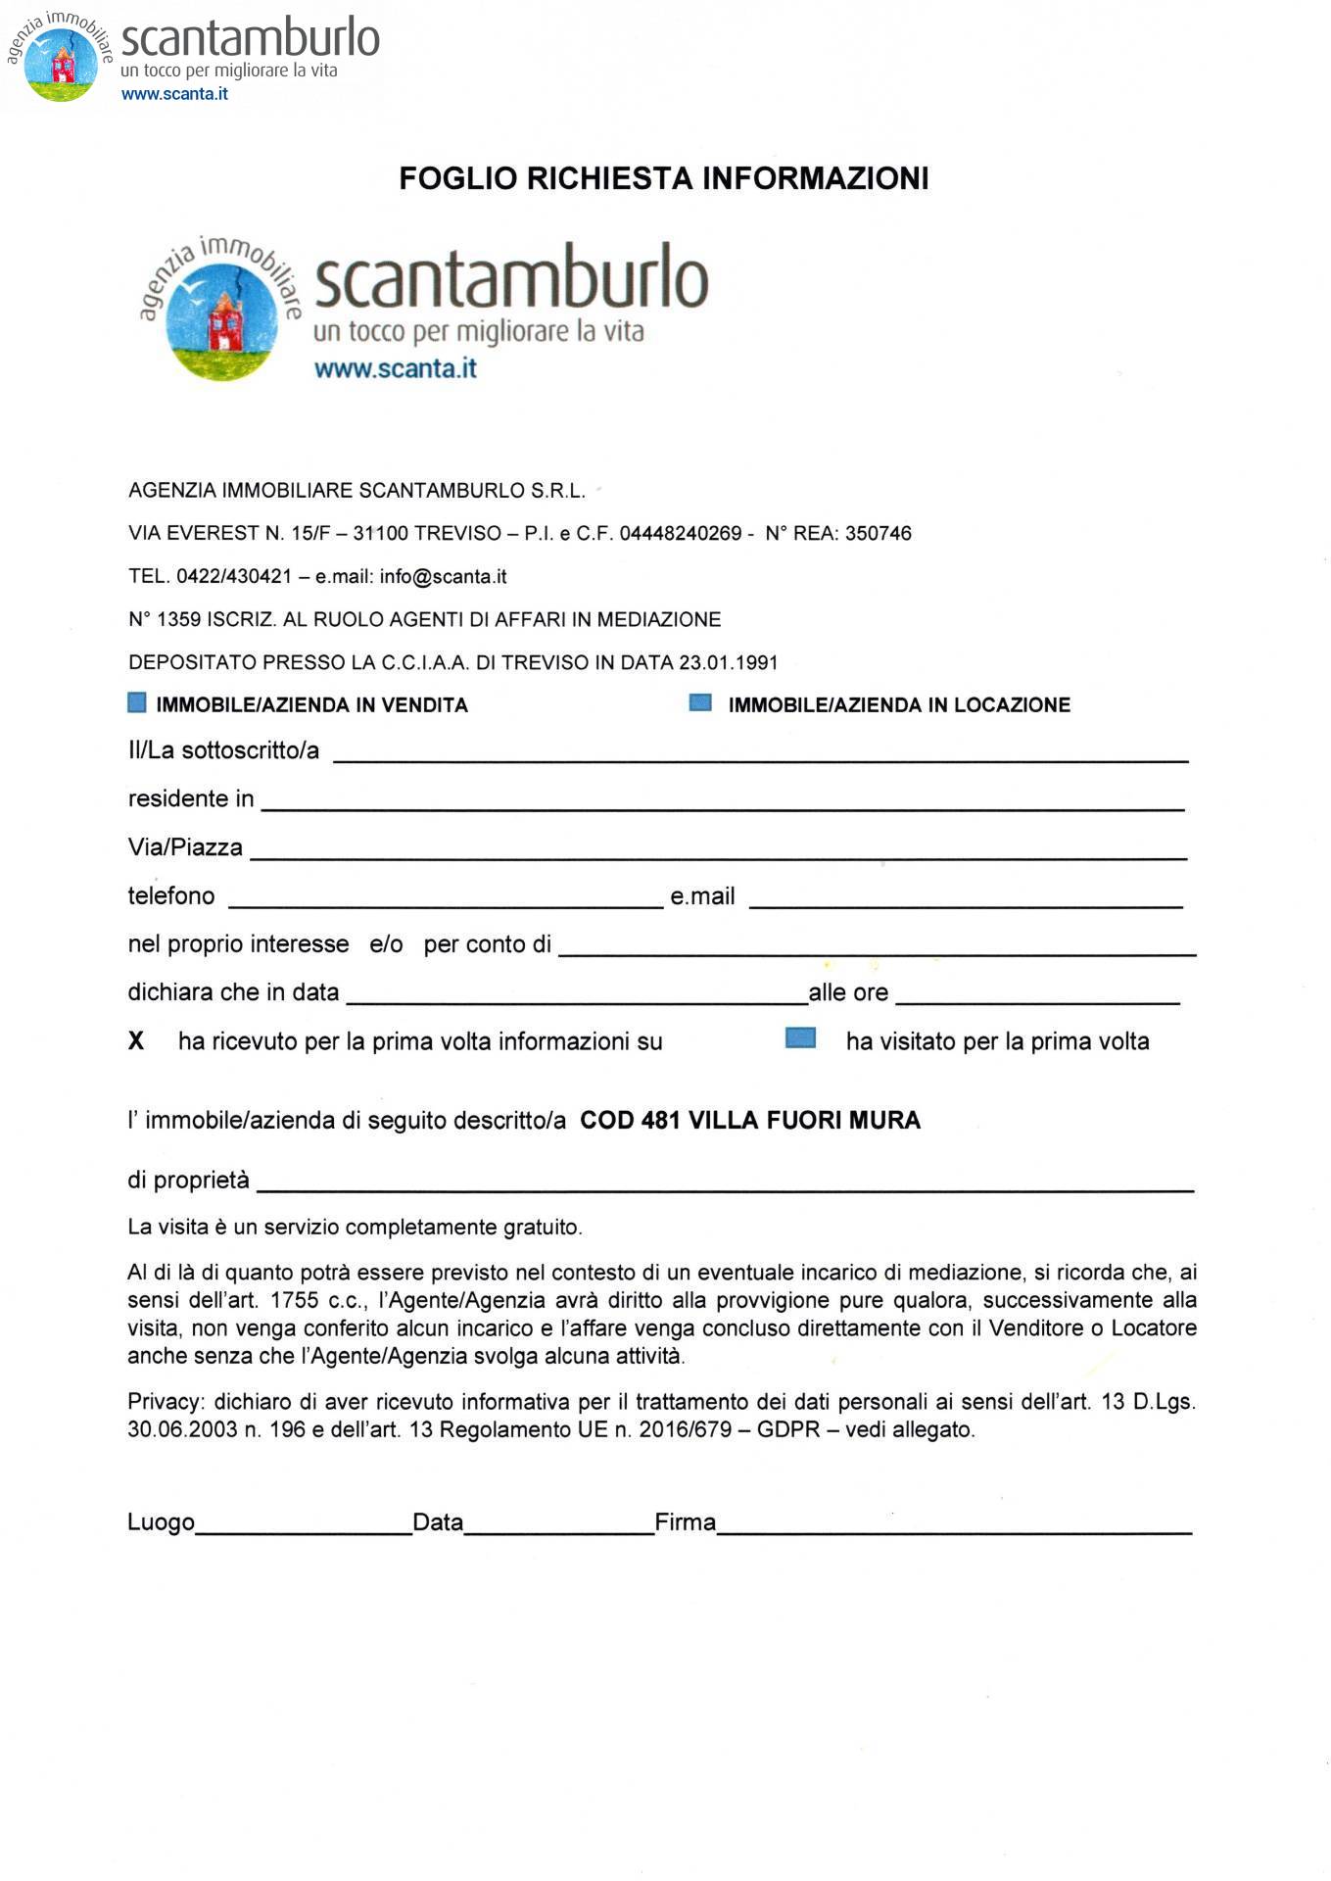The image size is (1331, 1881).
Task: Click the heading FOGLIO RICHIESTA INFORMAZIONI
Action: tap(663, 178)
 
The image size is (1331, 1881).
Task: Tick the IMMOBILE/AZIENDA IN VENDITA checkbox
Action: tap(137, 702)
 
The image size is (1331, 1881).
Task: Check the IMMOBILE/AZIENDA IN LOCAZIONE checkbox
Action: tap(700, 702)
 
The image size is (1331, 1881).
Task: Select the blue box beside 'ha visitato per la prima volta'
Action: tap(800, 1038)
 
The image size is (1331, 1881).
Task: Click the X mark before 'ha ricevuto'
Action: tap(136, 1041)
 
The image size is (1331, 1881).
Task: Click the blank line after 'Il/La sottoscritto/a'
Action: tap(760, 751)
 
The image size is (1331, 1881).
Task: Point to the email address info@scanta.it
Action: tap(443, 577)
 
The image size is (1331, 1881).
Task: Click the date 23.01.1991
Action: tap(729, 663)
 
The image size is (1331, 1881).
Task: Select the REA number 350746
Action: tap(878, 534)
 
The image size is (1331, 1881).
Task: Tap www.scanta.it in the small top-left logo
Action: tap(174, 94)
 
